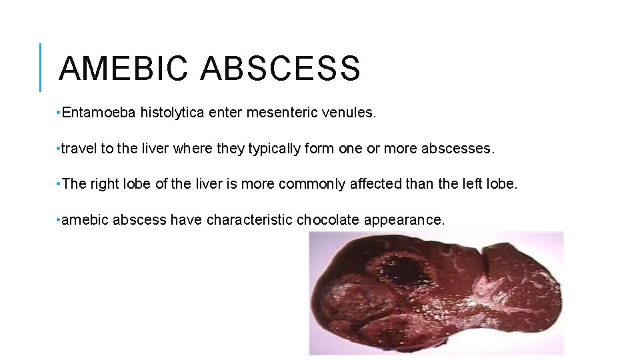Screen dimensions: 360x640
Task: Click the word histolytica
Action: [x=171, y=113]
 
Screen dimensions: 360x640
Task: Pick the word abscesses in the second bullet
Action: [x=459, y=149]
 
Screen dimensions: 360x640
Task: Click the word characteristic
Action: [x=249, y=219]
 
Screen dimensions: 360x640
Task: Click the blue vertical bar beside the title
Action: [x=41, y=67]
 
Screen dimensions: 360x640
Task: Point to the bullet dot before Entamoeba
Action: [x=59, y=113]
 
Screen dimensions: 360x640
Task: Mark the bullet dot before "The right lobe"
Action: [x=59, y=183]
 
